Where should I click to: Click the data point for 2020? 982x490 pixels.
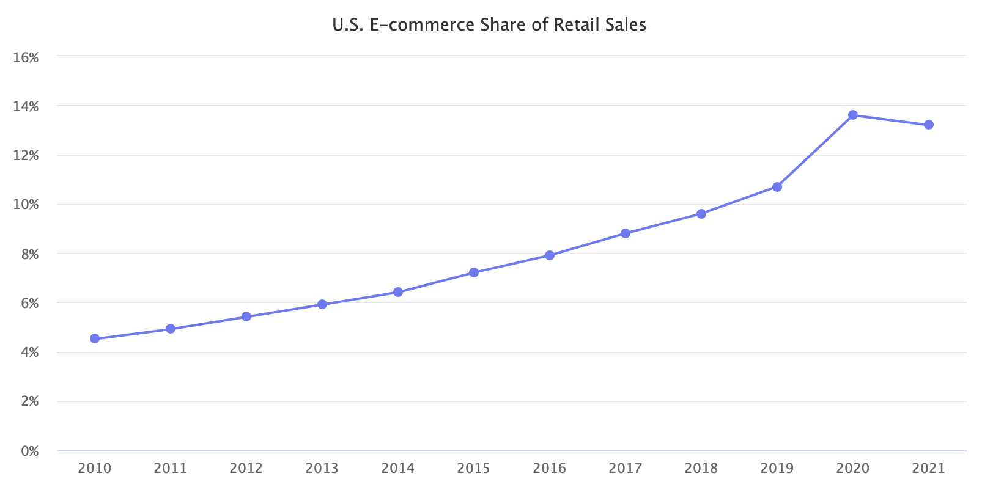[x=852, y=115]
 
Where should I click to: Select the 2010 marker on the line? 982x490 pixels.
[x=95, y=338]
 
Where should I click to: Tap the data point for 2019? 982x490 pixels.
[x=777, y=187]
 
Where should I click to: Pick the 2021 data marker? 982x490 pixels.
[x=928, y=125]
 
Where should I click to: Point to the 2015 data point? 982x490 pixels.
[x=474, y=272]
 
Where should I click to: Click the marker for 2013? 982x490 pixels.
[x=322, y=304]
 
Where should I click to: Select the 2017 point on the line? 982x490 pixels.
[x=625, y=233]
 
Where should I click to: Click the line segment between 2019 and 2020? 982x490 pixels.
[x=814, y=151]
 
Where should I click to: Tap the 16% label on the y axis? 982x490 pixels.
[x=26, y=57]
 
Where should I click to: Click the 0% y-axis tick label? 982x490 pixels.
[x=29, y=451]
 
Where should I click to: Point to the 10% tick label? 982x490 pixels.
[x=26, y=205]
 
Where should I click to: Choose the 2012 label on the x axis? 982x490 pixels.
[x=246, y=469]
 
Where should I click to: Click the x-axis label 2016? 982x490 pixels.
[x=550, y=469]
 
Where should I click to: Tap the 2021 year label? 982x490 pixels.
[x=928, y=469]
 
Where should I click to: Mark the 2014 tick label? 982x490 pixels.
[x=398, y=469]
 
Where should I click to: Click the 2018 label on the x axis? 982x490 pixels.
[x=701, y=469]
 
